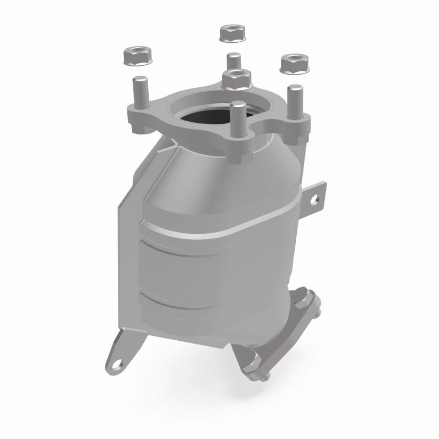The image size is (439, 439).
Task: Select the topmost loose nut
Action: click(x=232, y=33)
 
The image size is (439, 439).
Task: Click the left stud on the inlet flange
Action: click(x=139, y=93)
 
